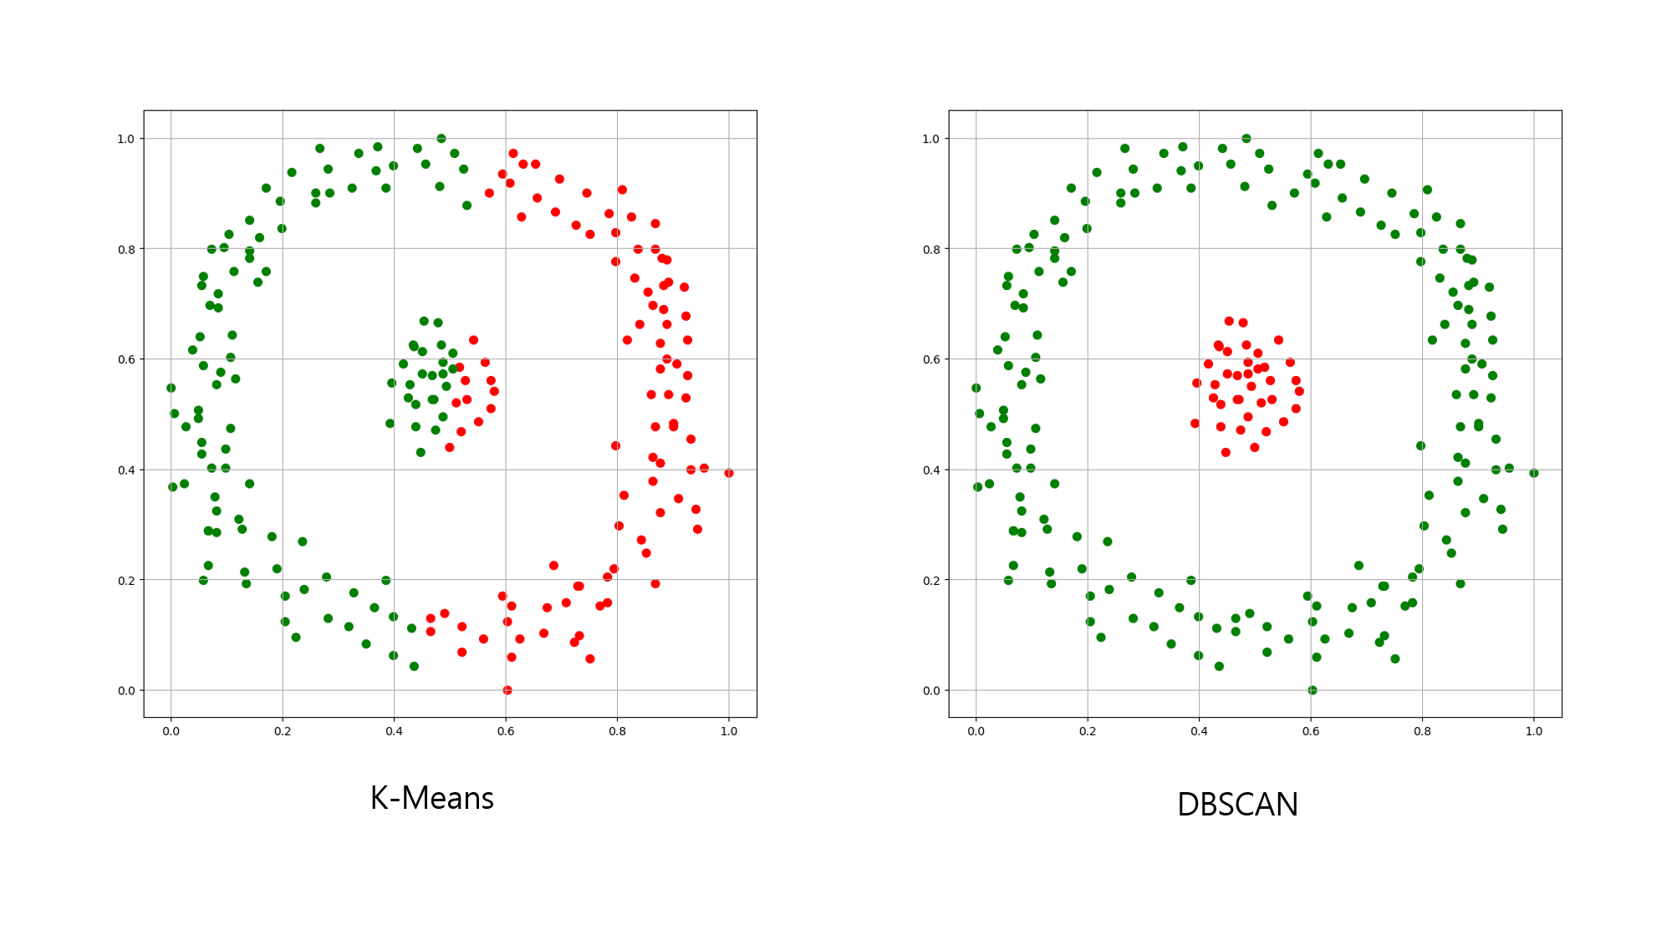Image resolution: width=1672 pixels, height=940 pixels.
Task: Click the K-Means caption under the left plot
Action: pos(431,799)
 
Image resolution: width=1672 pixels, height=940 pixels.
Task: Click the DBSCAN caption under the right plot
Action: pos(1237,805)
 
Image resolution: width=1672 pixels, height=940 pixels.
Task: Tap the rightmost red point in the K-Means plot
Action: pos(729,473)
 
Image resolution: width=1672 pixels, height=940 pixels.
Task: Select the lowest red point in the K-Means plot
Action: pos(507,690)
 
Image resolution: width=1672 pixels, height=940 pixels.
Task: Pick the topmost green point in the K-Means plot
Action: pos(441,139)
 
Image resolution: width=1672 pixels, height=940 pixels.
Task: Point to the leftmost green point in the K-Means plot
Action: pos(171,388)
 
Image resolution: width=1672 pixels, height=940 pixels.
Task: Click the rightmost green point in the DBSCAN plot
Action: pos(1534,473)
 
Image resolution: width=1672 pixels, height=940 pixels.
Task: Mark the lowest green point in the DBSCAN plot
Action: pos(1313,690)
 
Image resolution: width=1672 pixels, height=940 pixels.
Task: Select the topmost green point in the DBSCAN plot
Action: pos(1246,139)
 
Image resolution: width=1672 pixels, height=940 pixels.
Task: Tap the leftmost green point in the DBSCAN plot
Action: pos(976,388)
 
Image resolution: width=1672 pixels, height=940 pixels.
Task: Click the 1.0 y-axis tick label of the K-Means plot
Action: pos(125,139)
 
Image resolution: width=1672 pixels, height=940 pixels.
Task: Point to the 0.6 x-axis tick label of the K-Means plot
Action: pos(506,731)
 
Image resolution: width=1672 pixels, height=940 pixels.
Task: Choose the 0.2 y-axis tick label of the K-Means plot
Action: pos(125,580)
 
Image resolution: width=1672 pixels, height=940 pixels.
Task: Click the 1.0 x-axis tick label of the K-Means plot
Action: pos(729,731)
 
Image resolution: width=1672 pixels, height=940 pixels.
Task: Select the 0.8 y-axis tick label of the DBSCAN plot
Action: pos(930,249)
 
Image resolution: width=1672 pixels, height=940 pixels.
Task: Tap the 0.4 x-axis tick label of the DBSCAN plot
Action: pos(1199,731)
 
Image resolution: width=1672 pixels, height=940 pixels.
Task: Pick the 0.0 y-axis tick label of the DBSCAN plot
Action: pos(930,690)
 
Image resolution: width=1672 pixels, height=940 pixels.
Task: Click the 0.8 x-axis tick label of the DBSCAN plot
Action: pos(1422,731)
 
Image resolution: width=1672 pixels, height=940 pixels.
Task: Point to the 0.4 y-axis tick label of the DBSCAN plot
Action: pos(930,470)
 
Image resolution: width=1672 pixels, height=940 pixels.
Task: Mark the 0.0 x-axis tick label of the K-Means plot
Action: pos(171,731)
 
